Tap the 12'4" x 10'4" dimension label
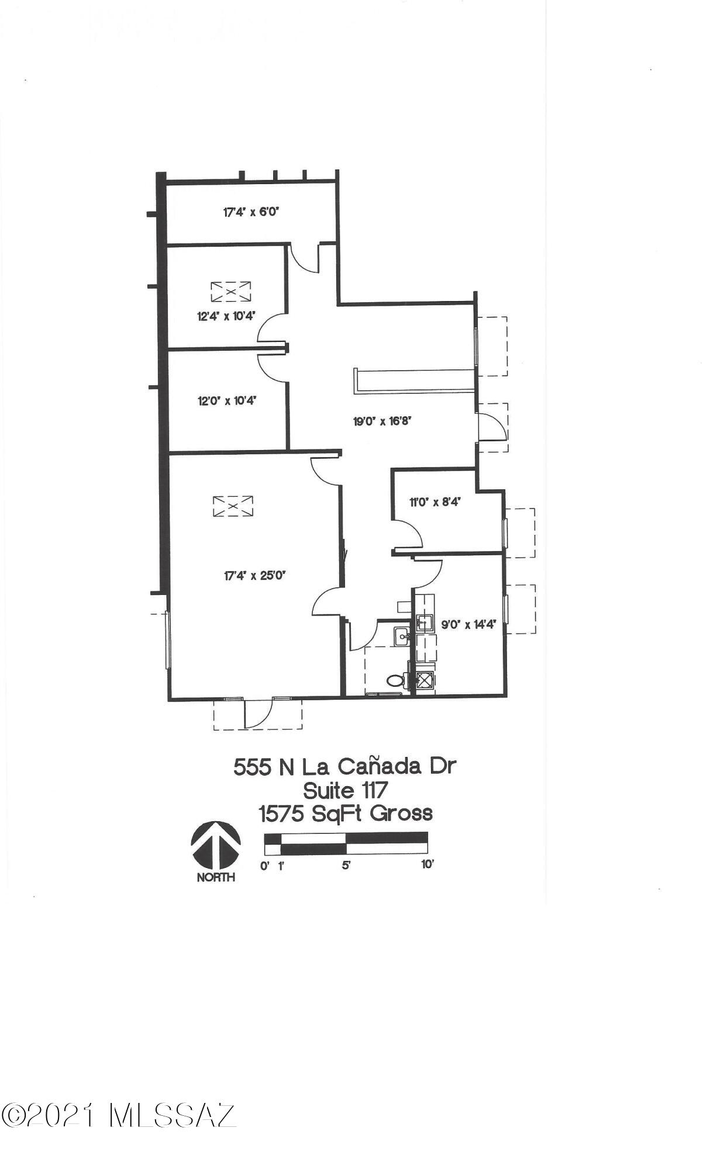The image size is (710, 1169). click(x=226, y=317)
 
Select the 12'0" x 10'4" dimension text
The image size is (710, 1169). click(x=227, y=401)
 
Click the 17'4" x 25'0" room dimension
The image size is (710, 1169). click(x=254, y=576)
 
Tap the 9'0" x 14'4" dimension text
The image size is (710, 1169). click(x=468, y=625)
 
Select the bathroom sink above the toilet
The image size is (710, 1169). click(x=401, y=636)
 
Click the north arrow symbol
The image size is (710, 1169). click(x=216, y=845)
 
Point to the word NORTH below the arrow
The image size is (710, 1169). click(x=216, y=877)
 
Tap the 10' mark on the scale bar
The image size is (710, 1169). click(x=428, y=864)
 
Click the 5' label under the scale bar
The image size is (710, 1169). click(x=346, y=864)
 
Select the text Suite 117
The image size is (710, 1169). click(x=345, y=790)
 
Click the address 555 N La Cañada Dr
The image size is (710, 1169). click(x=344, y=766)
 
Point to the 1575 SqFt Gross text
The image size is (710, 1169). click(x=346, y=814)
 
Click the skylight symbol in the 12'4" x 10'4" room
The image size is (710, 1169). click(x=230, y=291)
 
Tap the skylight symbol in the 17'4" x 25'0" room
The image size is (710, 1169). click(x=233, y=506)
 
